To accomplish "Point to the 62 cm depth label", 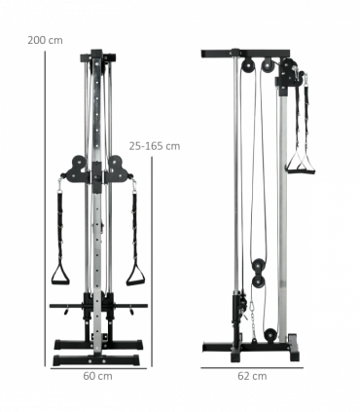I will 252,375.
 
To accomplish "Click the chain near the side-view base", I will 250,315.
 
